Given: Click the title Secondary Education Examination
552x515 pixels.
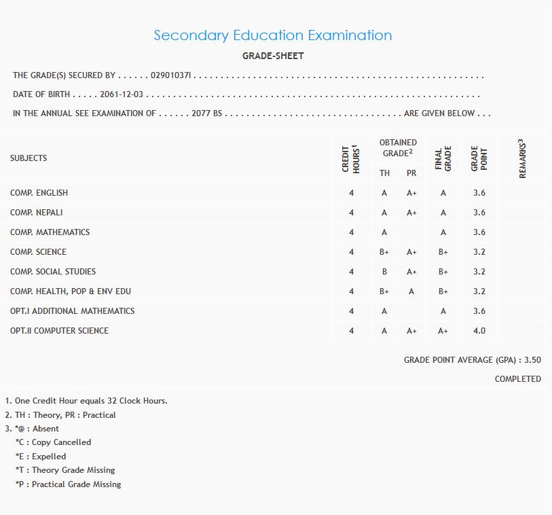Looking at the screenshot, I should [x=272, y=35].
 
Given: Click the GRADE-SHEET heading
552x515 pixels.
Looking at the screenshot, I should [x=273, y=56].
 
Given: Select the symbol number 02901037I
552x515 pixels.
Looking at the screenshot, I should [x=172, y=75].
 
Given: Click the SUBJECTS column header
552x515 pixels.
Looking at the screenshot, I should [x=29, y=158].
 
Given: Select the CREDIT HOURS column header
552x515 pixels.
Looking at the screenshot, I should [x=350, y=158].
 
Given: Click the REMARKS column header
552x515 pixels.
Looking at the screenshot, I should [x=523, y=158].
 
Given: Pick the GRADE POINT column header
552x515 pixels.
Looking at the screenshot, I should [x=479, y=158].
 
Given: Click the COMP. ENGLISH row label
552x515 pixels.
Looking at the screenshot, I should [x=39, y=193].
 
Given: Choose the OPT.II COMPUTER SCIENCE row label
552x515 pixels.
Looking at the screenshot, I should [x=59, y=331].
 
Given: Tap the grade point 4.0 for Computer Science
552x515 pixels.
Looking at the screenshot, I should [x=479, y=331].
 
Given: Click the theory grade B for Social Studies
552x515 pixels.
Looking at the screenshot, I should [x=384, y=272].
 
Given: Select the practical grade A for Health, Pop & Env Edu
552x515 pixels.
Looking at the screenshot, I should [x=411, y=291].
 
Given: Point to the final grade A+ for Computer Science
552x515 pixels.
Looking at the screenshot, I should [x=443, y=331].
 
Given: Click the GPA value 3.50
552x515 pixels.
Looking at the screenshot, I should [x=532, y=360].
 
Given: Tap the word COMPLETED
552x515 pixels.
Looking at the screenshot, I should [x=517, y=379].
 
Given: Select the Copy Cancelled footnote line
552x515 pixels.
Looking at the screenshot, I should [x=53, y=442].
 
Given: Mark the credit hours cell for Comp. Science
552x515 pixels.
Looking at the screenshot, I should [x=351, y=252].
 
